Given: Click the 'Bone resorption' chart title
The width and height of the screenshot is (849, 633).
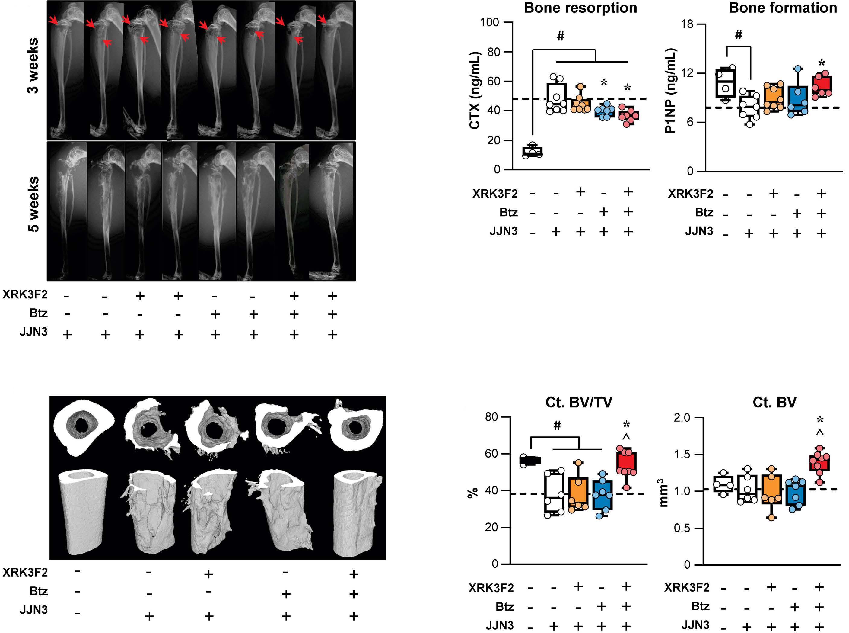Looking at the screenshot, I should click(x=580, y=8).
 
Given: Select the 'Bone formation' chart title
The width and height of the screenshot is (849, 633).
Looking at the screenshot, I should click(x=782, y=8).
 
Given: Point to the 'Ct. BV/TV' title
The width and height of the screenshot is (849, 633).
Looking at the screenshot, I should click(x=578, y=402).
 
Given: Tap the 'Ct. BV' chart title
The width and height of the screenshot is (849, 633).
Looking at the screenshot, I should click(x=774, y=402).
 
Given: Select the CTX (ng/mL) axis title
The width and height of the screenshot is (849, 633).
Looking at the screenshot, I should click(x=475, y=90).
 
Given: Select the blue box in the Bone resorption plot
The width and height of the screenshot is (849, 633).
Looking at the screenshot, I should click(x=604, y=111).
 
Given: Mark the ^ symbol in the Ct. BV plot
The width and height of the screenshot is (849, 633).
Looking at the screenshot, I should click(x=819, y=433).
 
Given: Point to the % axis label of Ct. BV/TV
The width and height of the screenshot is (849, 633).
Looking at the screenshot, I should click(x=473, y=492).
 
